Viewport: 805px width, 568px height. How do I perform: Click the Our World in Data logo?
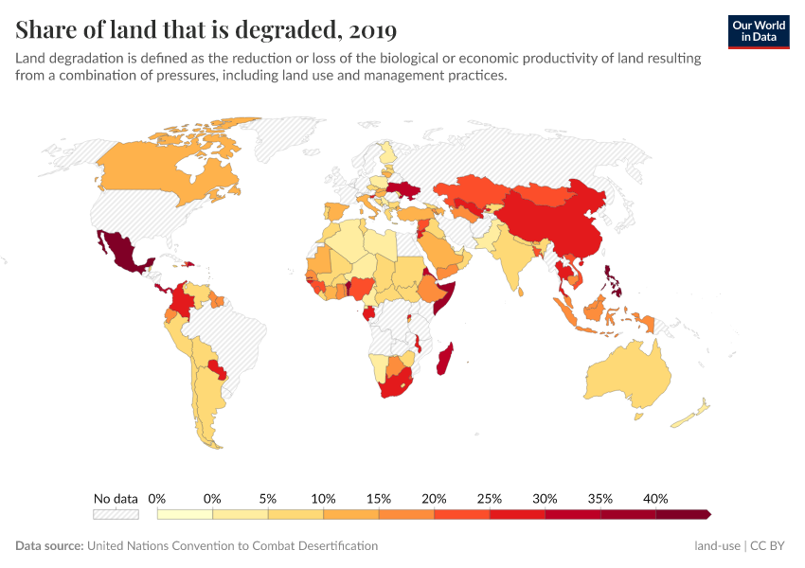(759, 31)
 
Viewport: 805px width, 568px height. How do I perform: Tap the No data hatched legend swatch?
(116, 514)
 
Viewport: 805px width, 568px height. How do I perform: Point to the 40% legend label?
(655, 498)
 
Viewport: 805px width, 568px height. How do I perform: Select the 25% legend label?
(490, 498)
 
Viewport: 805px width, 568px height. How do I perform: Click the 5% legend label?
(268, 498)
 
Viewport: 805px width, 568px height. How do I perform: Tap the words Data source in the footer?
(49, 546)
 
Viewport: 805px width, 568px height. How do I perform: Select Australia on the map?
(625, 374)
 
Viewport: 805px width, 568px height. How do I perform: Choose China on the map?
(549, 222)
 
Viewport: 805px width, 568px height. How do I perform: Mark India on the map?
(512, 256)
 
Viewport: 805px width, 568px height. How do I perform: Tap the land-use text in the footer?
(717, 546)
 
